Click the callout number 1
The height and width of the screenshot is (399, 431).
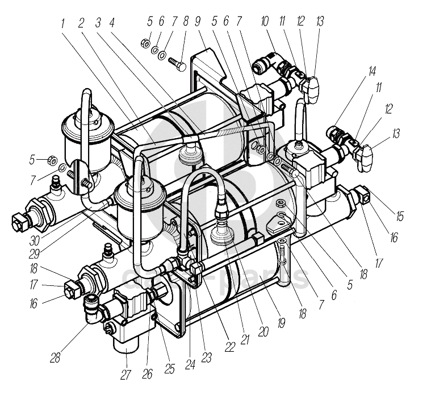64,23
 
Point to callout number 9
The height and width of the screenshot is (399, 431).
198,23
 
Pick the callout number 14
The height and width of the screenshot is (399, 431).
372,72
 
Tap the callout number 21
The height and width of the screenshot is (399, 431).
246,339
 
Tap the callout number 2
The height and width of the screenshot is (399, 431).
81,23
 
